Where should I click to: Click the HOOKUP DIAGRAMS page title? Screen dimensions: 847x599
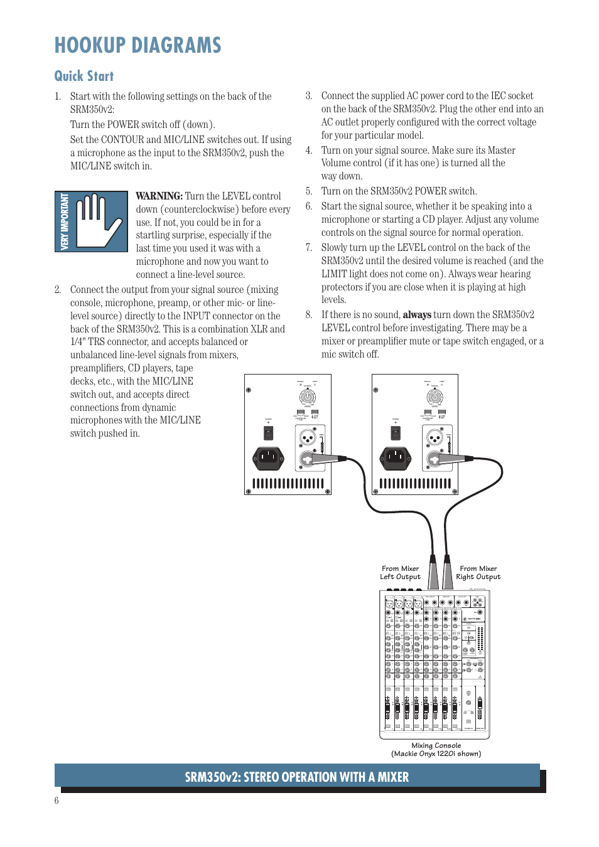138,45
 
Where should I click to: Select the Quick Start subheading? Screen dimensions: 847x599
84,76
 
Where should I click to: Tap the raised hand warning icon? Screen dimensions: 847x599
99,221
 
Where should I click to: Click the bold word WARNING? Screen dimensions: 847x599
159,196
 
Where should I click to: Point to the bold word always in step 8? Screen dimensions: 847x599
416,314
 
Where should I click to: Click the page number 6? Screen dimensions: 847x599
57,800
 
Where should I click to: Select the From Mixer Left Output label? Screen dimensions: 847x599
400,573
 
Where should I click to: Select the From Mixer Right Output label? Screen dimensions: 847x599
478,573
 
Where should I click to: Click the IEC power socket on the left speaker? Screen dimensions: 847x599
268,457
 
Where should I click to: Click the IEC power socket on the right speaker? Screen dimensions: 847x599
396,457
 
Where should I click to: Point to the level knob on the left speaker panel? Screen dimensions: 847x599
307,397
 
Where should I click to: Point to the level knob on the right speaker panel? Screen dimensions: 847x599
434,397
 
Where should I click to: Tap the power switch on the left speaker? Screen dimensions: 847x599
268,432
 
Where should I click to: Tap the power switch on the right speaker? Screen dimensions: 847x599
396,432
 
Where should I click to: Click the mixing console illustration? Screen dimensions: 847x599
434,664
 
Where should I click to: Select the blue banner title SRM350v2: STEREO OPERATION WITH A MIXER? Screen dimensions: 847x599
296,777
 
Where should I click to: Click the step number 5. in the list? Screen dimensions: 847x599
309,191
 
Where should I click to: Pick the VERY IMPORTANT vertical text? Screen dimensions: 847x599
64,221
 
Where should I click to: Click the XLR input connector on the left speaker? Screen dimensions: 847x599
307,437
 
